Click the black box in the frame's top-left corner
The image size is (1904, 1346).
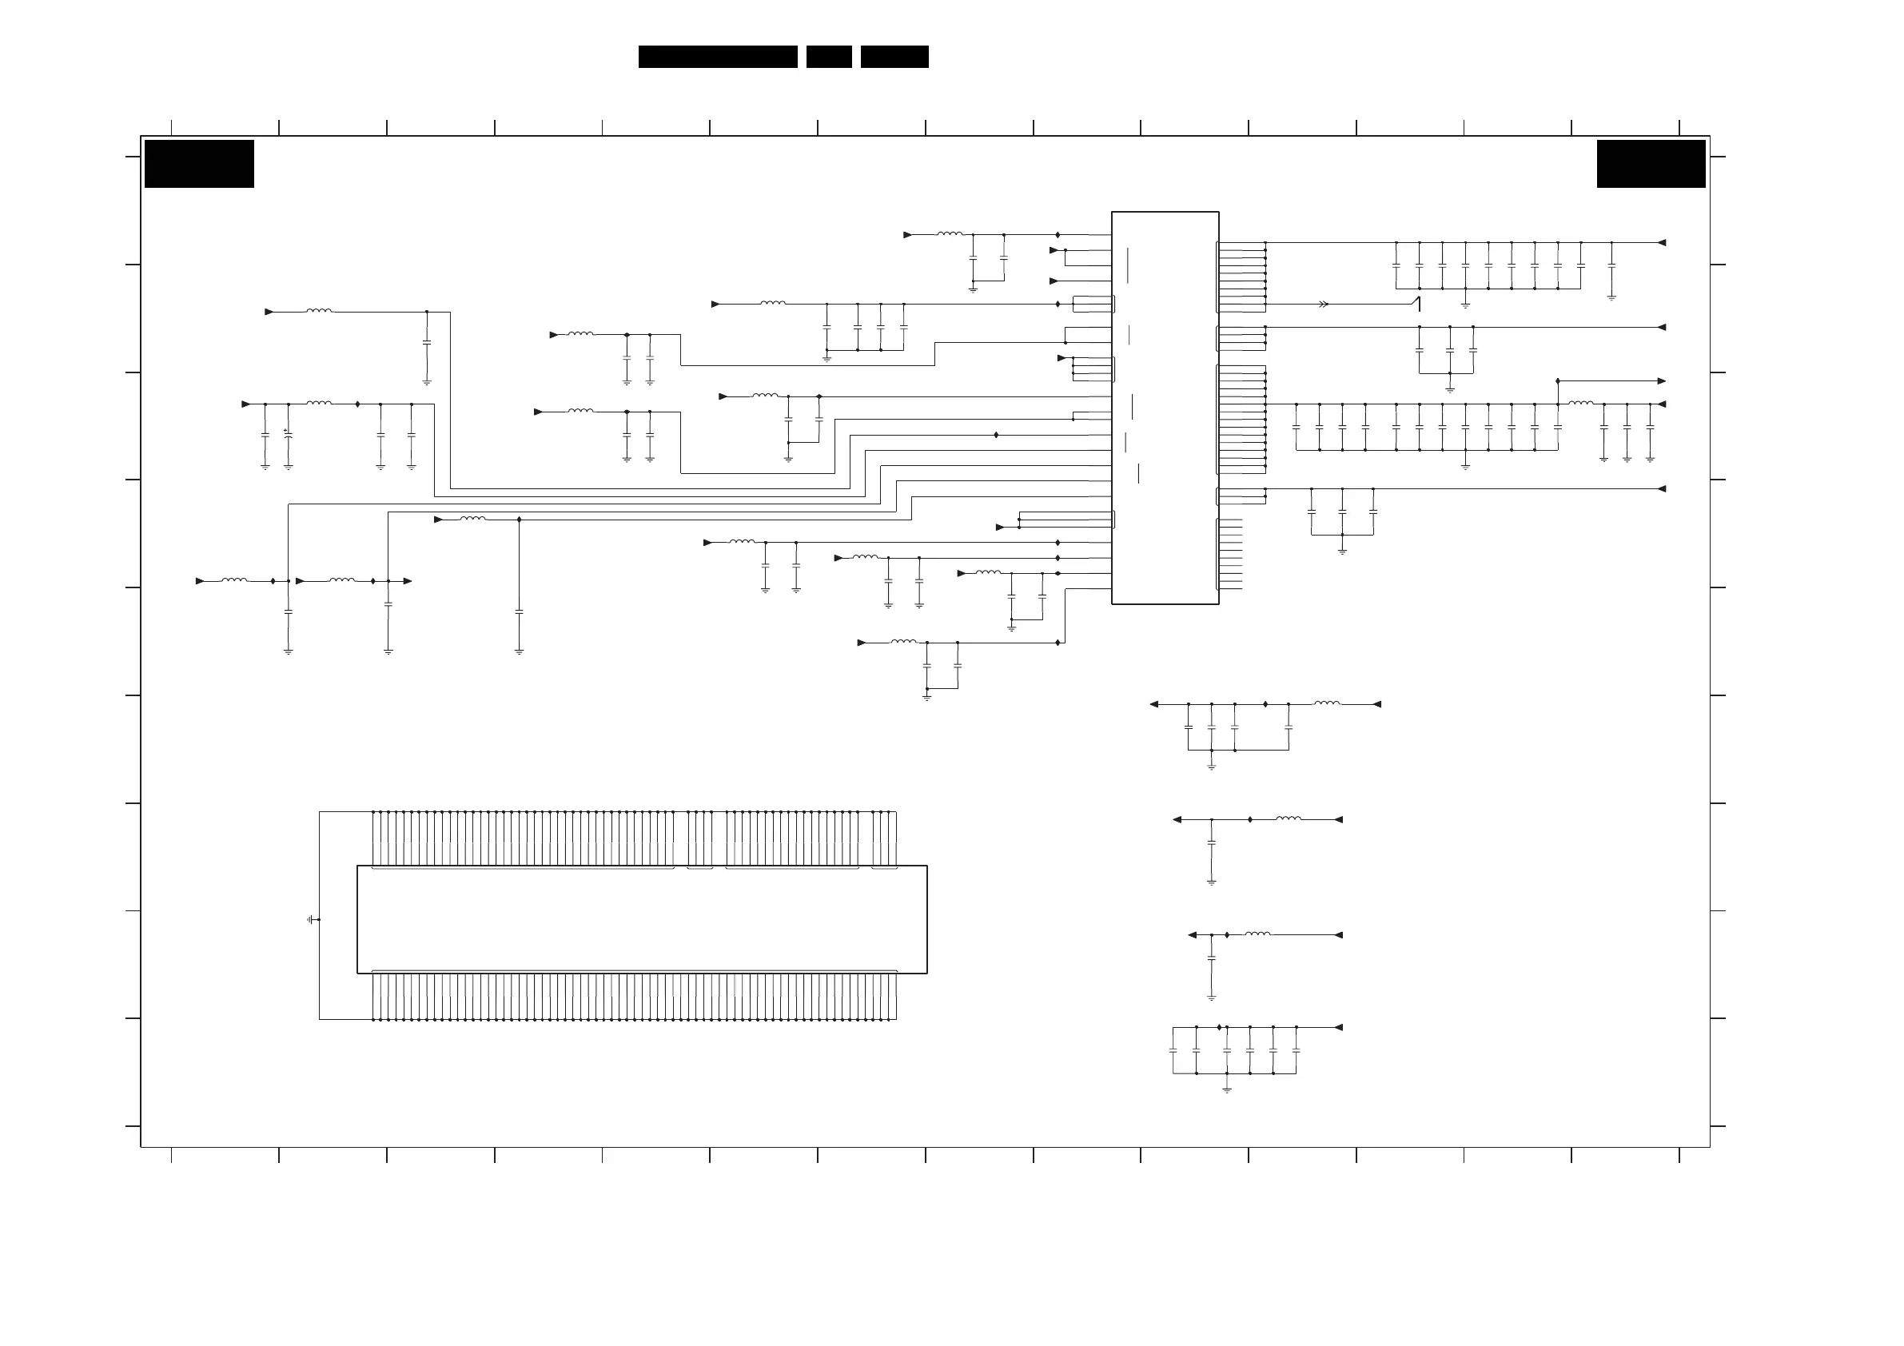(199, 163)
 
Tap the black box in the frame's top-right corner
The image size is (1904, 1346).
(1651, 163)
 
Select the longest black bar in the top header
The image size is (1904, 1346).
(717, 57)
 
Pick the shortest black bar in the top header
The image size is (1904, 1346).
(828, 57)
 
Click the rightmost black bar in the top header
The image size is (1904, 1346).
(894, 57)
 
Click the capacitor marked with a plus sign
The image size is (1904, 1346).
(289, 434)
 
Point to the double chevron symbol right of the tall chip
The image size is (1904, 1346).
(1324, 305)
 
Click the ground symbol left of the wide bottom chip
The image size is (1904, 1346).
(312, 920)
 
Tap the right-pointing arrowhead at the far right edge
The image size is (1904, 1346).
(1661, 381)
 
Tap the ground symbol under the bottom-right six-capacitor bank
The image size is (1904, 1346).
(1226, 1089)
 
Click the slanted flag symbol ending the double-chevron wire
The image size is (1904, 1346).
(1418, 304)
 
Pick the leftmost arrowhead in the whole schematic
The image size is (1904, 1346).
(200, 581)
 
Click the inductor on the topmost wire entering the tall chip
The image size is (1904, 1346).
(950, 235)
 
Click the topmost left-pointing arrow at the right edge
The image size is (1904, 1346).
(1661, 243)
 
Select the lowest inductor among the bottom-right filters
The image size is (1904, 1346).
(1257, 934)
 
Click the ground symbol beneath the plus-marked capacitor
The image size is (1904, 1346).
(289, 467)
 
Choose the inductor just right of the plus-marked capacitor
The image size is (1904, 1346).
(319, 404)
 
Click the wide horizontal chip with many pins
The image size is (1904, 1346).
(642, 919)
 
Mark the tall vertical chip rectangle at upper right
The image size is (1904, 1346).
(1165, 408)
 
